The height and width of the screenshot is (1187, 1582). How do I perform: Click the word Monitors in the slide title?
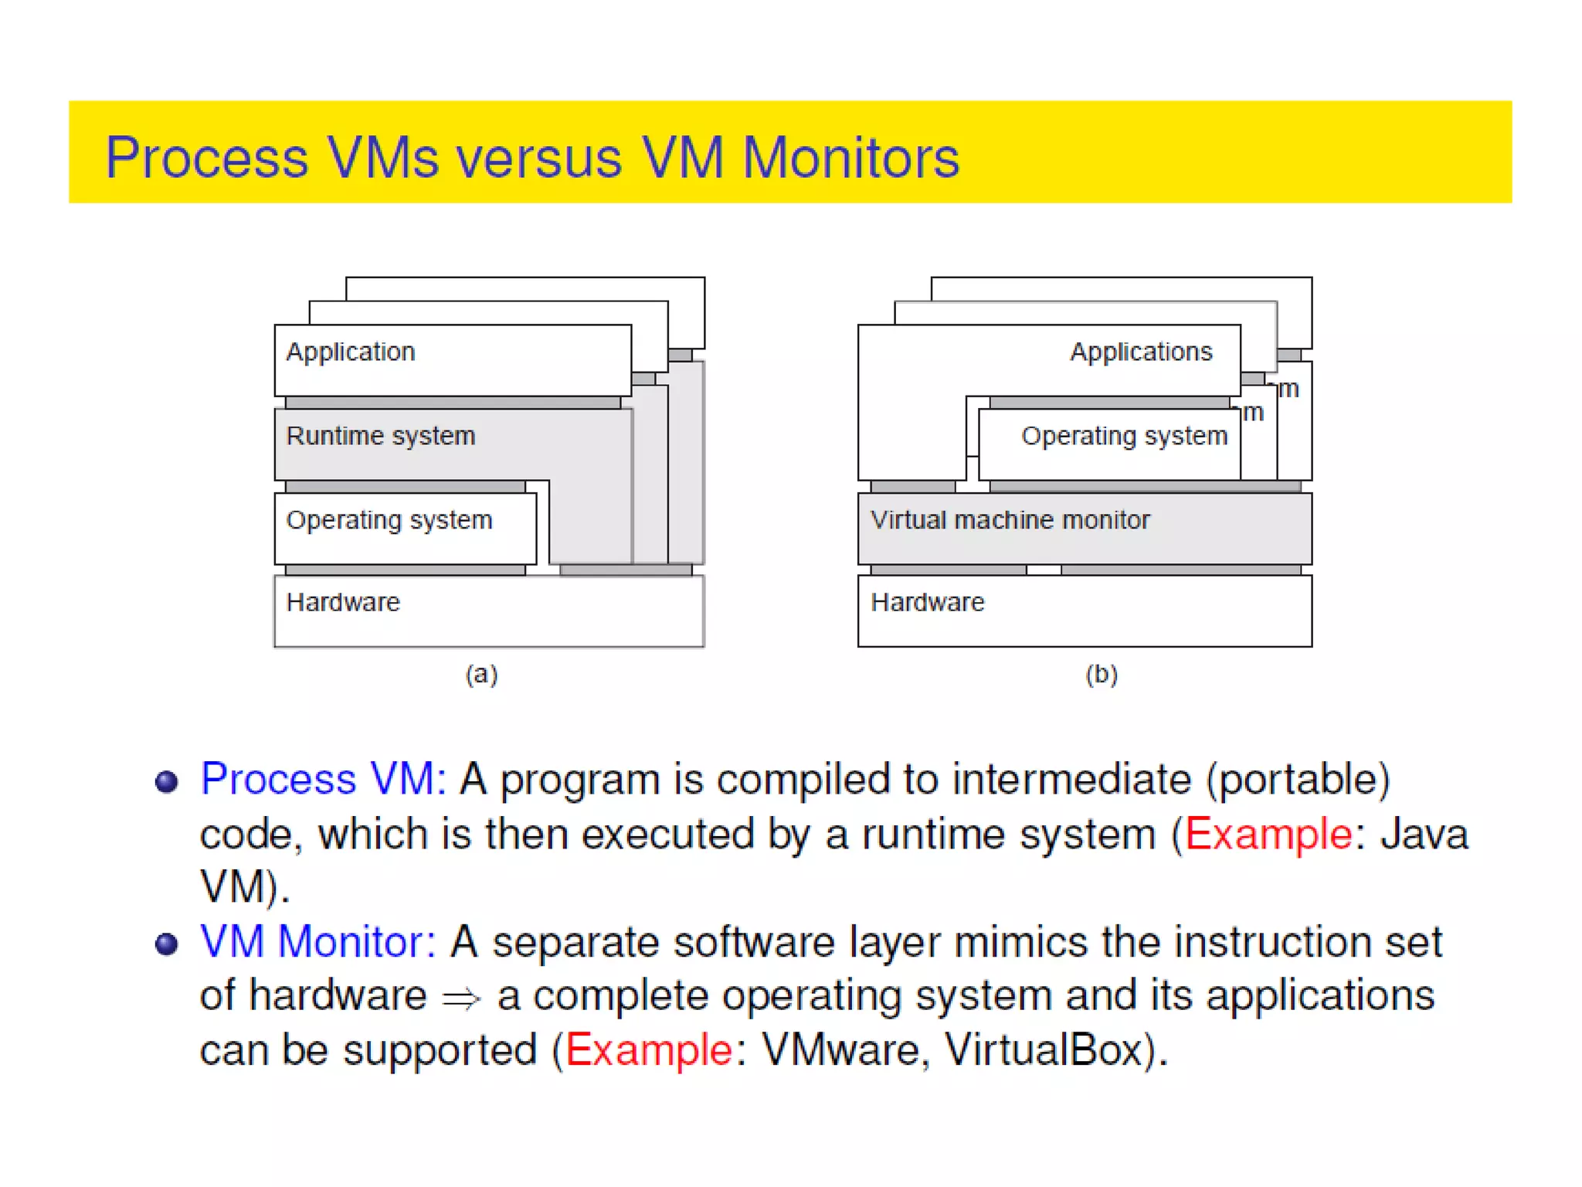tap(850, 158)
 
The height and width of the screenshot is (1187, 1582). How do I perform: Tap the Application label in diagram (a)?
tap(351, 352)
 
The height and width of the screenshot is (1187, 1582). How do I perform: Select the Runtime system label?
tap(381, 436)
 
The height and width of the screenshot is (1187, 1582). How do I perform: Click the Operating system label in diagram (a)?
tap(389, 520)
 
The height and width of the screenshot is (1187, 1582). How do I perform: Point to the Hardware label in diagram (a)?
tap(343, 602)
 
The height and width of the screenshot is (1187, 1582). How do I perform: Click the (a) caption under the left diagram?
tap(481, 675)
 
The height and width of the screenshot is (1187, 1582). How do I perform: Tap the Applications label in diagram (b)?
tap(1141, 352)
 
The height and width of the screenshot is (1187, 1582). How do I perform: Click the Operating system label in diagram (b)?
tap(1124, 436)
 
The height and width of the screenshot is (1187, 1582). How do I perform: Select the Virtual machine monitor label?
tap(1010, 520)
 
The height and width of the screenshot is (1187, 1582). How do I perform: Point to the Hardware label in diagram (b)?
tap(928, 602)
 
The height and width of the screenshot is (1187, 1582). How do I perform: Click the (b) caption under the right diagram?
tap(1102, 675)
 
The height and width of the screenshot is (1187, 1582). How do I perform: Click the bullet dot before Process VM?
tap(167, 781)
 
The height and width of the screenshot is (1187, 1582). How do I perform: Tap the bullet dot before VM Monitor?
tap(167, 944)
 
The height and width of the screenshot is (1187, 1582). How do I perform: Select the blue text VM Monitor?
tap(318, 942)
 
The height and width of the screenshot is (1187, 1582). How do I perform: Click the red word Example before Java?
tap(1268, 835)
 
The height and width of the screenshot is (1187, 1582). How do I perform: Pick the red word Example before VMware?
tap(649, 1050)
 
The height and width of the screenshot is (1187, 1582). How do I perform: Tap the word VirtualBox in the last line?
tap(1043, 1050)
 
